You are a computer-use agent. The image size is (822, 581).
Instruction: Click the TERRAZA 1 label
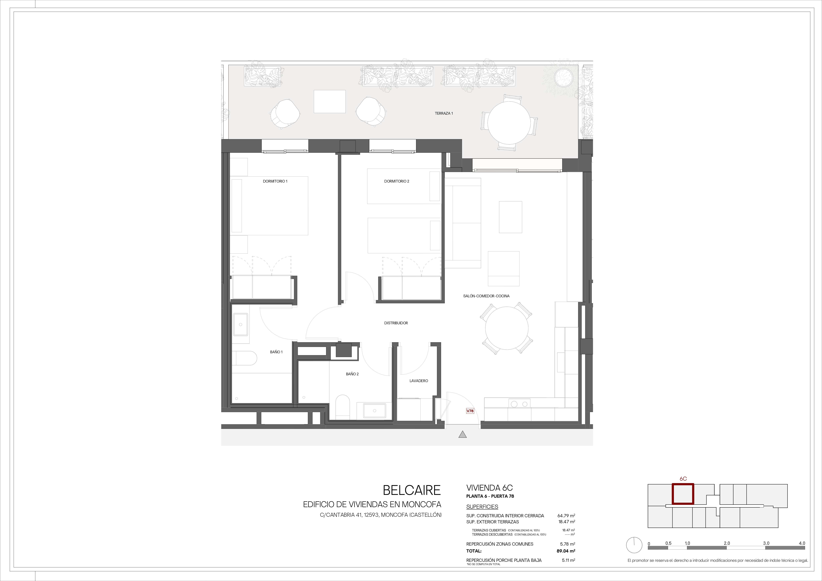click(444, 113)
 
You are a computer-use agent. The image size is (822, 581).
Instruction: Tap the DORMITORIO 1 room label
click(275, 181)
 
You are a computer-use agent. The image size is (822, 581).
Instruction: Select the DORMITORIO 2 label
click(397, 181)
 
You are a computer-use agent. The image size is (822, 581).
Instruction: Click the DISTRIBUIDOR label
click(396, 323)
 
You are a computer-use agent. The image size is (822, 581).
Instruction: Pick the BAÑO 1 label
click(276, 352)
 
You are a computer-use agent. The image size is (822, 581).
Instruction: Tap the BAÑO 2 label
click(352, 374)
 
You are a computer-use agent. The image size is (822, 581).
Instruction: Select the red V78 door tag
click(470, 411)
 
